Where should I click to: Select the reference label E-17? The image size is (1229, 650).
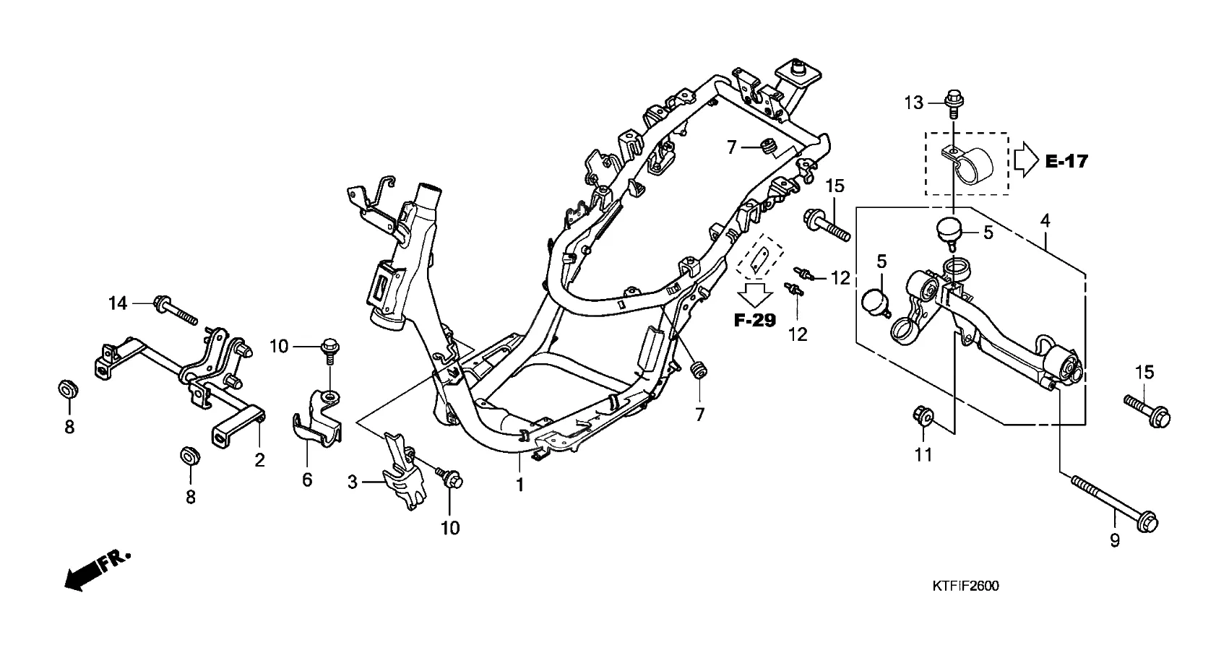[x=1066, y=161]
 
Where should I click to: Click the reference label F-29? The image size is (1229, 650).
[x=755, y=320]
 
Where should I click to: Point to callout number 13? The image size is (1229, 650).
[x=913, y=103]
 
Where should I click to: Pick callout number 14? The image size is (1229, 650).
[x=118, y=303]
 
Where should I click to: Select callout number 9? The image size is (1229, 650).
[x=1115, y=539]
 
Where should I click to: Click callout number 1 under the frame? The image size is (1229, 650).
[x=519, y=485]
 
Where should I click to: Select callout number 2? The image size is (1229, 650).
[x=259, y=459]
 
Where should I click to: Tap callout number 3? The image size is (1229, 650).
[x=353, y=482]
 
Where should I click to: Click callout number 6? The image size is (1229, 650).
[x=307, y=479]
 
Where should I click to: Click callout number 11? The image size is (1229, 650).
[x=923, y=454]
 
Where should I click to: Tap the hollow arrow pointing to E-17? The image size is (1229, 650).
[x=1025, y=160]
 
